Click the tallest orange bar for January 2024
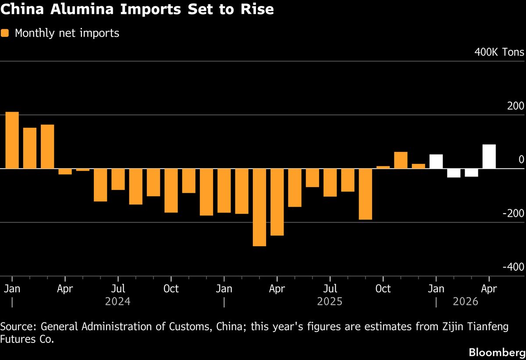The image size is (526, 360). click(x=12, y=140)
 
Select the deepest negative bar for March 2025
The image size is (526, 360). click(x=259, y=207)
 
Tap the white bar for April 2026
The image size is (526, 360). click(x=489, y=156)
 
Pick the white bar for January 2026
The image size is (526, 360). click(x=436, y=161)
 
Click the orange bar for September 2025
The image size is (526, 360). click(x=366, y=194)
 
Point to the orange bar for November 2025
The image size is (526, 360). click(x=401, y=160)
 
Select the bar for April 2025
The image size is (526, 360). click(x=277, y=202)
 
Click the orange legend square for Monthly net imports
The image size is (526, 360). click(x=5, y=33)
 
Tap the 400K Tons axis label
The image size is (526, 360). click(x=499, y=53)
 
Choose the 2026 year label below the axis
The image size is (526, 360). click(x=466, y=302)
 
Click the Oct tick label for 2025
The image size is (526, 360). click(x=383, y=289)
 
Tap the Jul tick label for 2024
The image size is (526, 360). click(x=117, y=289)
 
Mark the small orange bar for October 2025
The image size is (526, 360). click(x=383, y=167)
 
